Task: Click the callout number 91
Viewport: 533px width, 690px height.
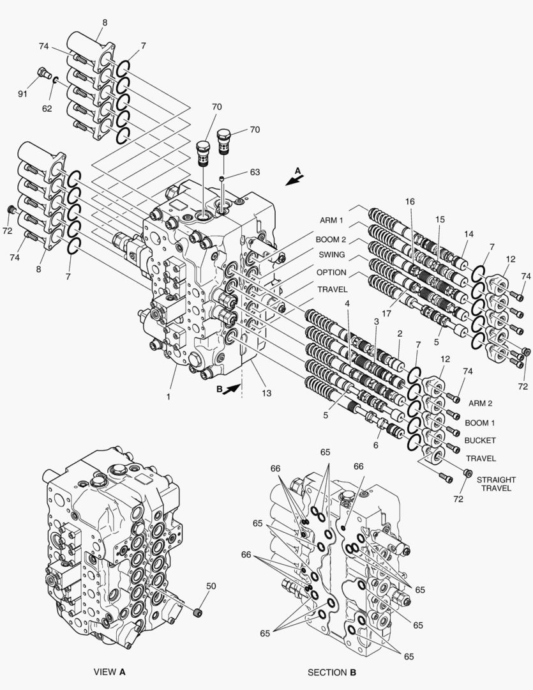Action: pos(22,95)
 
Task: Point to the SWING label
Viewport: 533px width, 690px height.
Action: pos(331,256)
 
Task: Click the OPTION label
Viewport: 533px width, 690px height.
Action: pos(332,272)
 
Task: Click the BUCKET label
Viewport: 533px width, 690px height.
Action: pos(480,441)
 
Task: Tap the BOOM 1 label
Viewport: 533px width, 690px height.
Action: pos(480,423)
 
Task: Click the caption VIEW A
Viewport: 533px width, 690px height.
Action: pos(110,672)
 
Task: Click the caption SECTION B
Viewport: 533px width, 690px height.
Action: pos(332,672)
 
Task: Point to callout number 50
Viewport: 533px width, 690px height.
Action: pos(211,585)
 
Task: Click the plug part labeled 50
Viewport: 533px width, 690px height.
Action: pos(197,613)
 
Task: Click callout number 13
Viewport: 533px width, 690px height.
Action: pos(266,394)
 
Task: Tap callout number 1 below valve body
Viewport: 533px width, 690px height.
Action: pos(169,397)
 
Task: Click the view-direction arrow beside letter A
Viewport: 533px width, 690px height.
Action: pos(294,180)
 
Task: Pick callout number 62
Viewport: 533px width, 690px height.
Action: pos(47,109)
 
